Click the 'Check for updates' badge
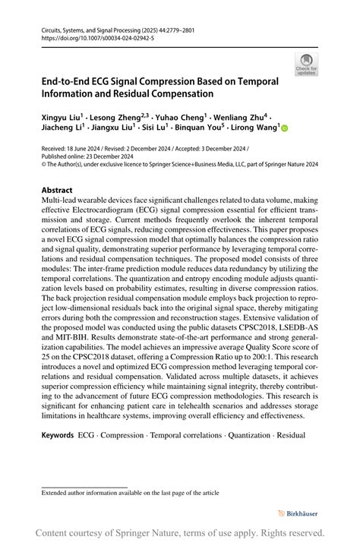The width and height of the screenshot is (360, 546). [x=306, y=65]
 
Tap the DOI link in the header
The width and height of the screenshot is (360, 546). [x=89, y=37]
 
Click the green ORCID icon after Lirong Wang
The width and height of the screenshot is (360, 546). [x=285, y=129]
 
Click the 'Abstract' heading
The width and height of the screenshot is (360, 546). [x=57, y=190]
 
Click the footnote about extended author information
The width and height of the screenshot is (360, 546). [x=130, y=492]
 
